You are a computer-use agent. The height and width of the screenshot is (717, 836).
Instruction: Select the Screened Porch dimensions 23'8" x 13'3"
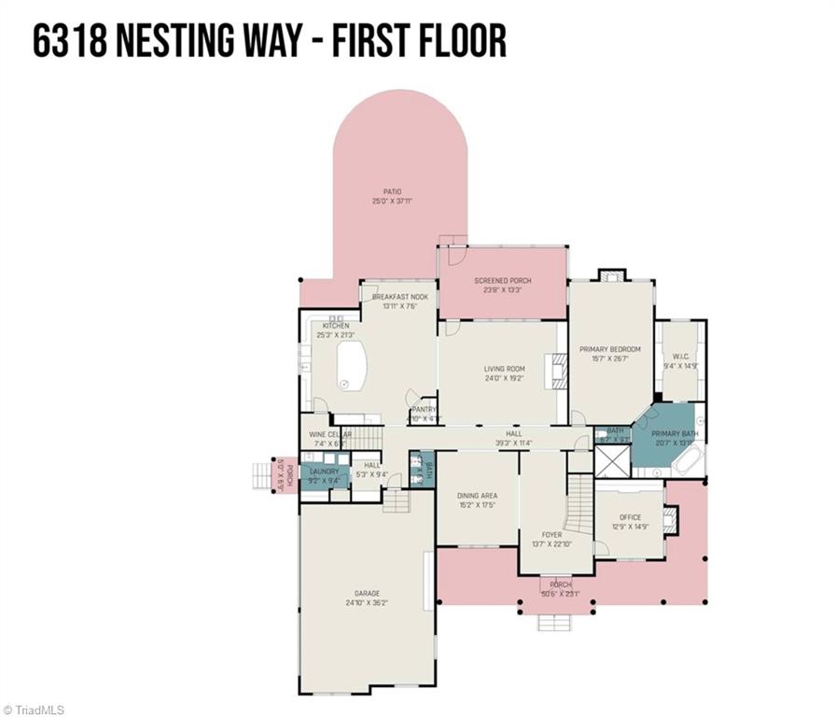click(503, 290)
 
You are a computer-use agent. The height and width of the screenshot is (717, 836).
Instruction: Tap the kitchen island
click(351, 365)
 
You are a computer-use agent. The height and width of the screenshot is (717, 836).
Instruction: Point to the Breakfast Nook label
click(399, 297)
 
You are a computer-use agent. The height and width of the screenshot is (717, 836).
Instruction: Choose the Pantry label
click(425, 409)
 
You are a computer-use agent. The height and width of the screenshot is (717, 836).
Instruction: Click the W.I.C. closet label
click(680, 357)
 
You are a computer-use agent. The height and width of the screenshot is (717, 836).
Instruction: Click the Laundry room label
click(325, 471)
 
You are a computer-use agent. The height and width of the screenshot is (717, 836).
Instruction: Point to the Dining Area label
click(476, 496)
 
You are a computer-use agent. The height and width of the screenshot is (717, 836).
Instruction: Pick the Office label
click(630, 517)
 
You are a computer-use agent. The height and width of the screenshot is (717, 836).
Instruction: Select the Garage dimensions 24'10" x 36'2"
click(367, 603)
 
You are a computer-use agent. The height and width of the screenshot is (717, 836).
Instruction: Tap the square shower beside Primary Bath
click(612, 463)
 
